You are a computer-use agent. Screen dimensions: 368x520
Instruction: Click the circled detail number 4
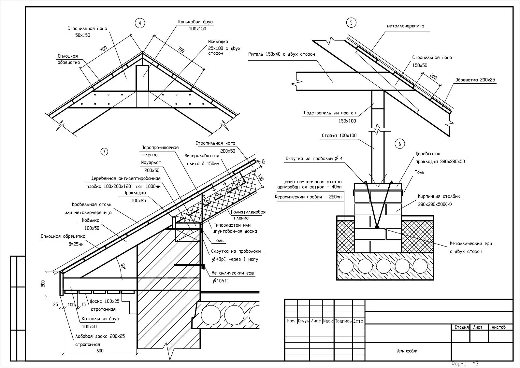[x=140, y=23]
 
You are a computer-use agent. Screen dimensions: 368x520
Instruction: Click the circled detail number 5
[x=351, y=22]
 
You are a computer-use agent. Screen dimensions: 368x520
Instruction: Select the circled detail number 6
[x=399, y=144]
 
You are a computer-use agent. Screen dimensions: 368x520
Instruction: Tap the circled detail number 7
[x=104, y=151]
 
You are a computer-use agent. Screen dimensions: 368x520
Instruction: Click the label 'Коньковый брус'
[x=195, y=22]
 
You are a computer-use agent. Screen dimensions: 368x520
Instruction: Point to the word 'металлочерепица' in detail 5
[x=405, y=26]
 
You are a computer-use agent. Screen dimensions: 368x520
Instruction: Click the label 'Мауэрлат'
[x=151, y=163]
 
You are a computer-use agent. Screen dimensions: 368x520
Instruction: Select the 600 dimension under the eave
[x=100, y=351]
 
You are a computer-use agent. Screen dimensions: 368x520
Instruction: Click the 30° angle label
[x=123, y=266]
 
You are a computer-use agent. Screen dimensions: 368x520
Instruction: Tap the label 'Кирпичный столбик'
[x=439, y=197]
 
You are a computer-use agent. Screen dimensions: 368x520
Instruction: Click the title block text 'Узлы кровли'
[x=407, y=351]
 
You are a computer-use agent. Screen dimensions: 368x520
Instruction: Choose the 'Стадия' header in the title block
[x=461, y=327]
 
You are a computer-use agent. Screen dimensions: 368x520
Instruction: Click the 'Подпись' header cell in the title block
[x=343, y=321]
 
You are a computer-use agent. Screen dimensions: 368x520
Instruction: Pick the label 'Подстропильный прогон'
[x=330, y=113]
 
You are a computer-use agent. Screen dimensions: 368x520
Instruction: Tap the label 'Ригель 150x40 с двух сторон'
[x=282, y=54]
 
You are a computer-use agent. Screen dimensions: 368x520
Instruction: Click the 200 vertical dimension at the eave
[x=43, y=284]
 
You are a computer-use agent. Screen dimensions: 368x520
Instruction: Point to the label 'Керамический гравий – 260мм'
[x=308, y=197]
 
